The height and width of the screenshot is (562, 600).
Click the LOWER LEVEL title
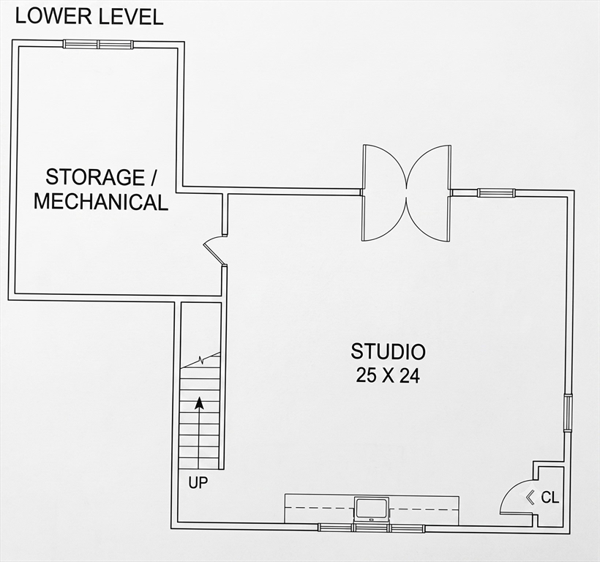(x=89, y=16)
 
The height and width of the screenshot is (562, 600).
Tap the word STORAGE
(x=95, y=177)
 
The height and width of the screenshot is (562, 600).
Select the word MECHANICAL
(x=101, y=202)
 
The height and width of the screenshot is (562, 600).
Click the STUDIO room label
(x=388, y=351)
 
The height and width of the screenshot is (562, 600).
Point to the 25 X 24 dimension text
(x=388, y=375)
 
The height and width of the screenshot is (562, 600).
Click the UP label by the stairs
(x=198, y=483)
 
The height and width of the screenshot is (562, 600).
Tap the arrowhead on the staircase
(x=199, y=403)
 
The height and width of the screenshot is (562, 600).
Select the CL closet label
(x=550, y=498)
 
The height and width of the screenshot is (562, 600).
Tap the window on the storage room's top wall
(x=98, y=45)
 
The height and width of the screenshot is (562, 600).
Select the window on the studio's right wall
(x=569, y=413)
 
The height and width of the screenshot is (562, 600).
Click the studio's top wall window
(x=496, y=192)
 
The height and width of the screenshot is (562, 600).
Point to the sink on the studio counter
(x=371, y=509)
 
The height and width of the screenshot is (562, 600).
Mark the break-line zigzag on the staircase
(x=200, y=360)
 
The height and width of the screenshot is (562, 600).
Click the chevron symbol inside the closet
(x=530, y=498)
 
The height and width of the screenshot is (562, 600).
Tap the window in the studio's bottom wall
(x=371, y=528)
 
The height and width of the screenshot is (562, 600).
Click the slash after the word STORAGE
(x=154, y=177)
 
